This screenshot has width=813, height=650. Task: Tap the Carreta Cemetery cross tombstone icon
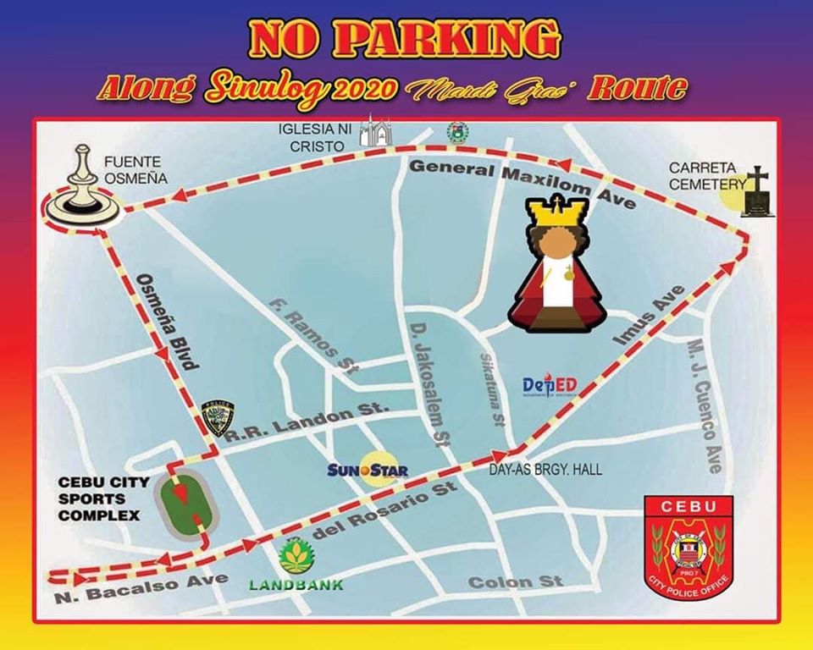(x=758, y=193)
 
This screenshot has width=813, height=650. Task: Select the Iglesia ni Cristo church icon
(x=375, y=134)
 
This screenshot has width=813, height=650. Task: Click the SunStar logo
(x=368, y=471)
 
